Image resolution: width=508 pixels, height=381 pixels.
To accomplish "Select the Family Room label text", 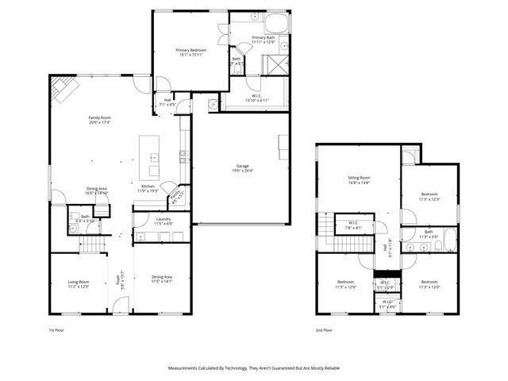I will [99, 120].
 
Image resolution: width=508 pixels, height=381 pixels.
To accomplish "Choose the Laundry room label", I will [164, 221].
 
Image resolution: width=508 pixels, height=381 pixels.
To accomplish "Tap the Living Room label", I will [78, 283].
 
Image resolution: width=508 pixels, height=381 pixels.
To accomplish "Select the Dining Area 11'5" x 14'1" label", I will [162, 279].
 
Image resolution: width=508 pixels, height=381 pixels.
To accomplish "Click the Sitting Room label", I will [359, 180].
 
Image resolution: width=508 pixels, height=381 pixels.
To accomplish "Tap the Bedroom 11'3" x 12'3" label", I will [429, 196].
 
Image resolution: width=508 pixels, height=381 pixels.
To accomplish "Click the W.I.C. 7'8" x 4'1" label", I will [352, 225].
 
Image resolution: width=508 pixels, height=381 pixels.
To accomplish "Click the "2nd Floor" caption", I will [323, 329].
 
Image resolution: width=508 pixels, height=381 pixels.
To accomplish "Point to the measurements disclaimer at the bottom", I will [254, 368].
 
